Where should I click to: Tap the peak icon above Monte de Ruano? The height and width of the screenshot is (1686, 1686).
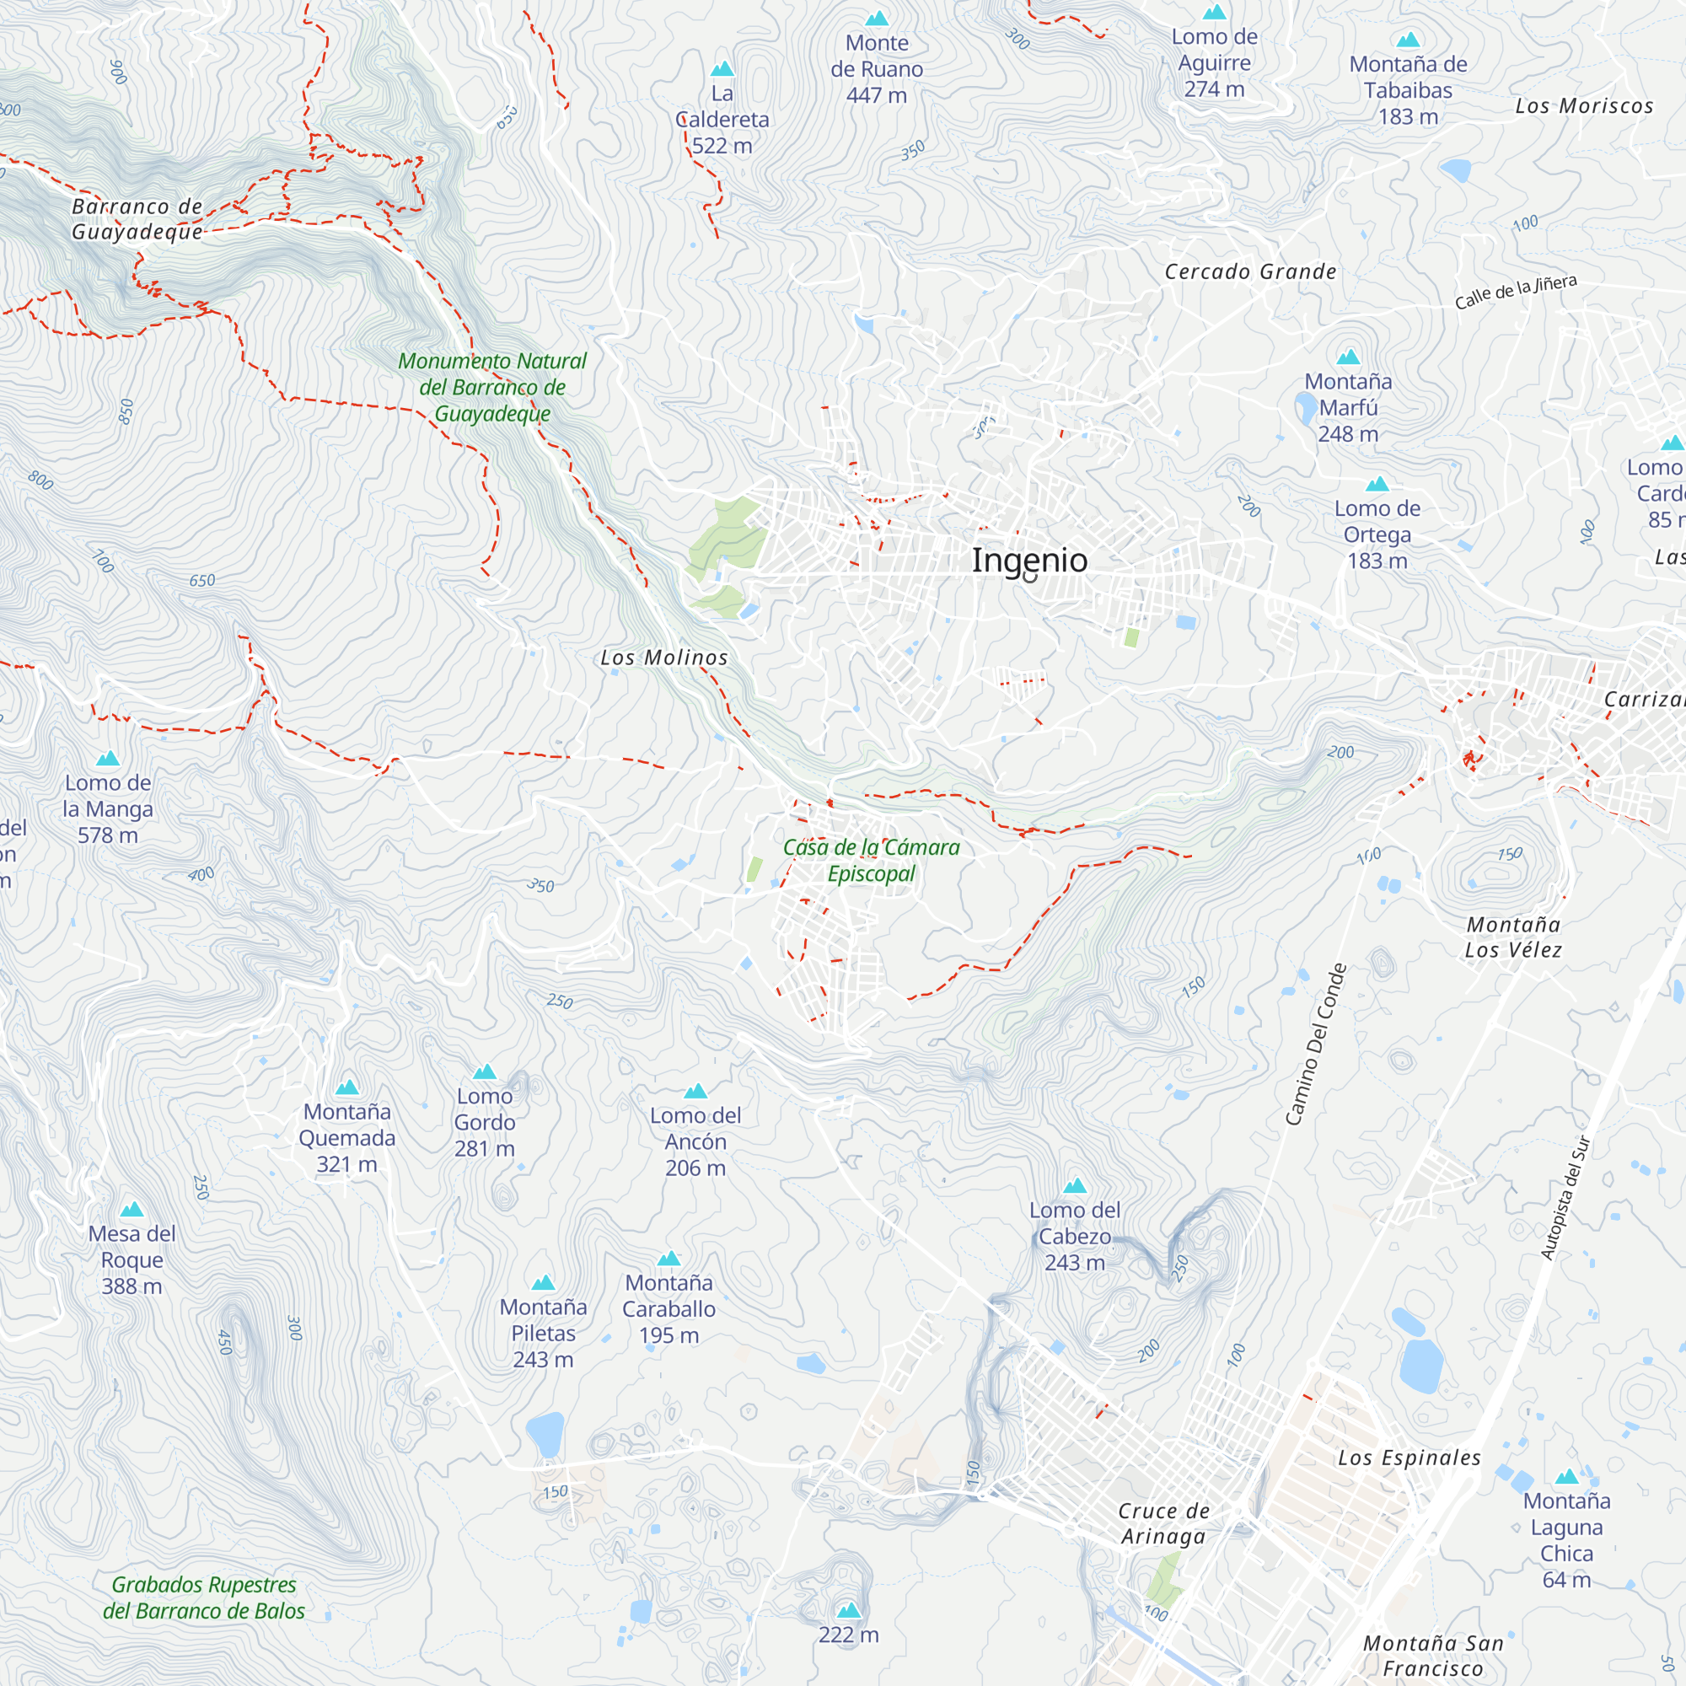tap(876, 19)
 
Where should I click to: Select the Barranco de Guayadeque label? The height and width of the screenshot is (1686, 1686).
tap(137, 219)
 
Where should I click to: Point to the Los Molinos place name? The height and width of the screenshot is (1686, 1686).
tap(663, 658)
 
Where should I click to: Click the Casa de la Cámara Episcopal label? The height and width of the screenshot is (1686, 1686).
tap(871, 861)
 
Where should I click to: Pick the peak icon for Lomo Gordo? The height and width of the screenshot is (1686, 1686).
tap(485, 1071)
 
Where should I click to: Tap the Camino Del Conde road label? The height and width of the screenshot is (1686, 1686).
tap(1316, 1044)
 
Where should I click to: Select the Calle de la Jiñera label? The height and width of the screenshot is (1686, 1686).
tap(1515, 293)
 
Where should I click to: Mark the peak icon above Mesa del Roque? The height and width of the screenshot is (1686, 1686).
tap(132, 1210)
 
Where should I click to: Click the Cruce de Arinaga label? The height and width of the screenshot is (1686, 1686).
tap(1163, 1523)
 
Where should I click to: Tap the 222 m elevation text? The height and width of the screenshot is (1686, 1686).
tap(848, 1635)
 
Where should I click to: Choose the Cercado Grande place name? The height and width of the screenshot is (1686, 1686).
tap(1249, 272)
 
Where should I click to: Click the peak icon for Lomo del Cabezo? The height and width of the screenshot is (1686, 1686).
tap(1074, 1186)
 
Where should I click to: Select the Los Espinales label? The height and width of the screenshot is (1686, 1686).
tap(1409, 1458)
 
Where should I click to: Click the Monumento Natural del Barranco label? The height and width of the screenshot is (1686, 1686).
tap(492, 387)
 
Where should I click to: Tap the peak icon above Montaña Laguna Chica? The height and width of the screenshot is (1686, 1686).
tap(1566, 1478)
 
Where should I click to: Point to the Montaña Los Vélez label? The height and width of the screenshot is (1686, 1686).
tap(1513, 937)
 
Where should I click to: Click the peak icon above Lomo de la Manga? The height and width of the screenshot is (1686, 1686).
tap(107, 759)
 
